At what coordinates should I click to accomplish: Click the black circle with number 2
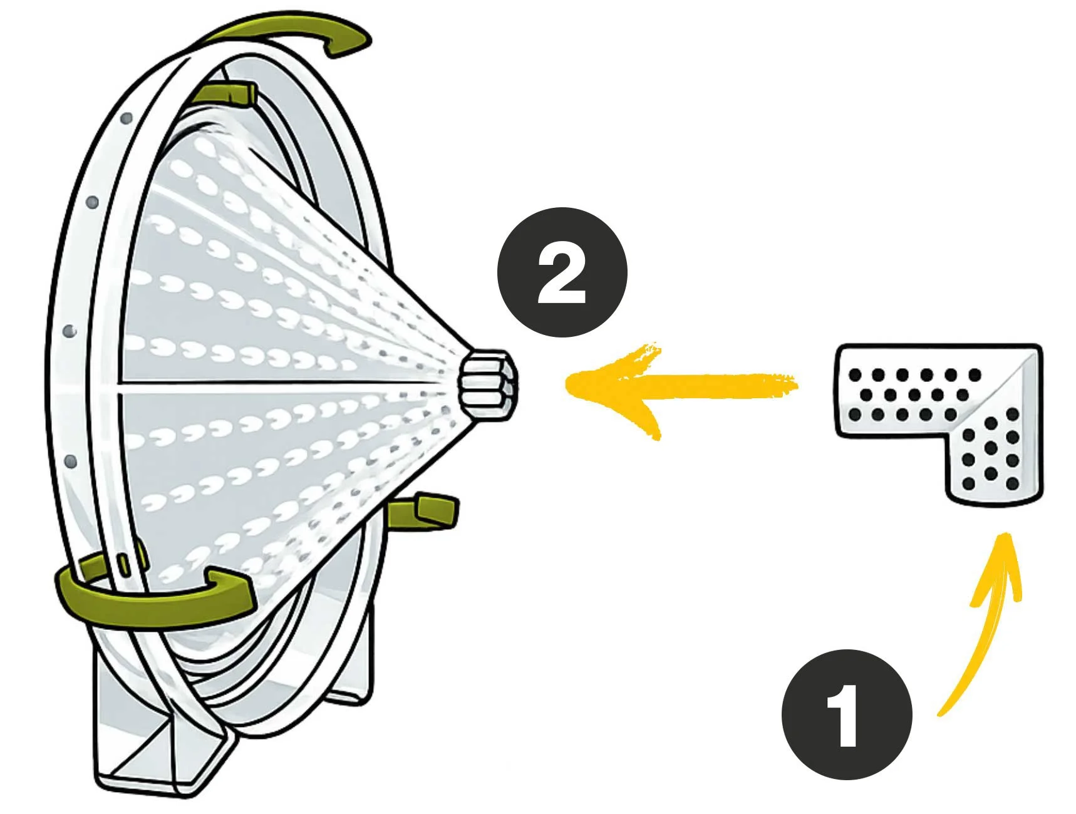coord(562,272)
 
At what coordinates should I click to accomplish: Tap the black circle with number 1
coord(846,714)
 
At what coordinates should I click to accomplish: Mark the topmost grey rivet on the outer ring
coord(127,118)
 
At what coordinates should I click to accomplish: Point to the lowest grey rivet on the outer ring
coord(71,461)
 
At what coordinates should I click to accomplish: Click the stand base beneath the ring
coord(157,745)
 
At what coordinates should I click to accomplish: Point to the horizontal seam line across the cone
coord(282,384)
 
